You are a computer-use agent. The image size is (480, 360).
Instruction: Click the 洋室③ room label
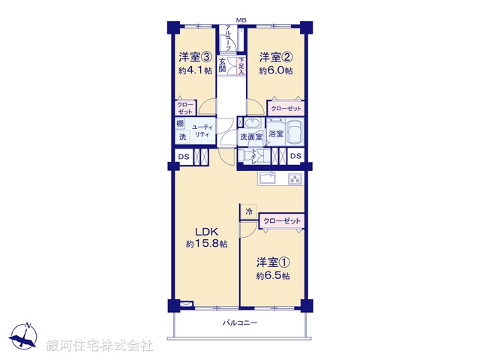(194, 57)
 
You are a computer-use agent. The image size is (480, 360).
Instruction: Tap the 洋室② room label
(275, 57)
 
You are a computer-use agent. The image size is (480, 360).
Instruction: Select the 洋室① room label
(273, 262)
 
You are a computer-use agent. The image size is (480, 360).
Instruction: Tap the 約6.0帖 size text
(275, 70)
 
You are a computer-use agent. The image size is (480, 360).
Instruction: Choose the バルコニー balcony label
(240, 323)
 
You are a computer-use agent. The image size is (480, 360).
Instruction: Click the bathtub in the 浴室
(294, 133)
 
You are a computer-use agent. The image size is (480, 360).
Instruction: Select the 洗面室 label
(250, 136)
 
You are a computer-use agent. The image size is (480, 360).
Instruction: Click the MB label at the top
(241, 19)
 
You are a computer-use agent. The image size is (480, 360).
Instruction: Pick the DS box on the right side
(296, 156)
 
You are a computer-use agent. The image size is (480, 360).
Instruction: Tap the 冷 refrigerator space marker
(247, 212)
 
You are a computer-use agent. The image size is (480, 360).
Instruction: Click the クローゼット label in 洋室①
(282, 221)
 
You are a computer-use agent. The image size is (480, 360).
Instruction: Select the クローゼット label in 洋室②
(287, 109)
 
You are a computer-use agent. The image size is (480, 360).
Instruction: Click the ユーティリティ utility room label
(201, 132)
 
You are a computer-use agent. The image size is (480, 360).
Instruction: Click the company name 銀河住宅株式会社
(100, 346)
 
